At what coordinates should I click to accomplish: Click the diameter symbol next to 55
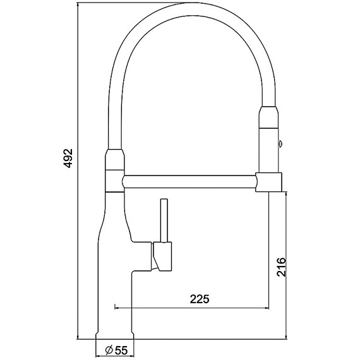[x=108, y=349]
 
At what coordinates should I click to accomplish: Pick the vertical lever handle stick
[x=164, y=221]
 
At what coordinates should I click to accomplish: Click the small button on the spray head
[x=280, y=143]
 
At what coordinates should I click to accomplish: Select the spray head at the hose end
[x=268, y=139]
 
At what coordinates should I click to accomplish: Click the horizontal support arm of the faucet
[x=189, y=182]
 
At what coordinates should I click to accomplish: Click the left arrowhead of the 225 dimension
[x=117, y=308]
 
